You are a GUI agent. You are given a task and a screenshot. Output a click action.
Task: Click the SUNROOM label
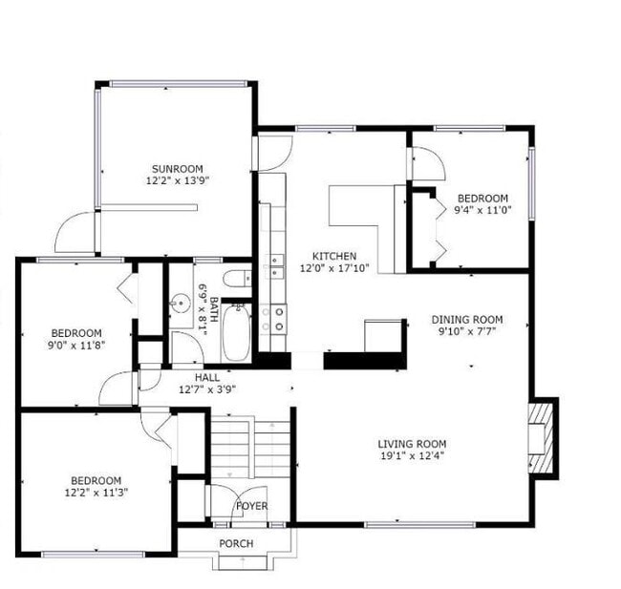174,169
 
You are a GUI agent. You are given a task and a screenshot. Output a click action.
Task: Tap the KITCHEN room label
334,256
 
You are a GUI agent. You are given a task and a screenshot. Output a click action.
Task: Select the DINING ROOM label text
467,320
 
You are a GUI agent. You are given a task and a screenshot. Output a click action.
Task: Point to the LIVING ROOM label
412,444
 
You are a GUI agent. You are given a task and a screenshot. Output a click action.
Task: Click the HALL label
207,378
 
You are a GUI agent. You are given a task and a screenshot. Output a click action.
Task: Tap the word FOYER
252,506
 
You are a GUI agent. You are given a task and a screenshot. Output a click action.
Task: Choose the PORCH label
236,544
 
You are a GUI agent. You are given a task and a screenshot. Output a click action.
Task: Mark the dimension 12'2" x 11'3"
96,493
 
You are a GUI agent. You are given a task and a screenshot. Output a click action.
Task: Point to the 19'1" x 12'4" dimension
412,456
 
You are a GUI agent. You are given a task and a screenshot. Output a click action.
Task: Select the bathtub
235,331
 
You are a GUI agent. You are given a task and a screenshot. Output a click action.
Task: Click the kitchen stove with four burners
276,318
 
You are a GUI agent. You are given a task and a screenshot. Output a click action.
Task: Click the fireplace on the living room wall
544,435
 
